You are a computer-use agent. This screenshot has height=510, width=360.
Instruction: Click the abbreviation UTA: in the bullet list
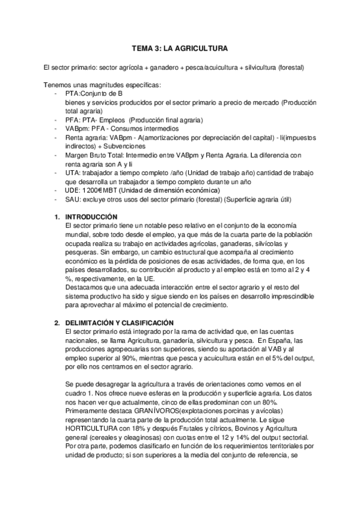(x=74, y=173)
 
